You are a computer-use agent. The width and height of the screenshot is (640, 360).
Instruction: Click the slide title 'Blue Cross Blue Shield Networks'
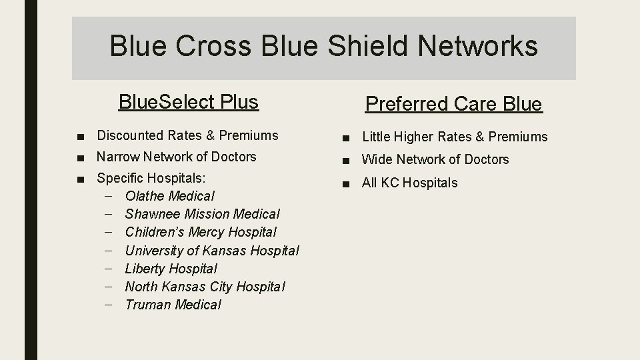323,46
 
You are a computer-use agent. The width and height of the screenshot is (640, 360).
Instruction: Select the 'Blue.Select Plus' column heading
188,102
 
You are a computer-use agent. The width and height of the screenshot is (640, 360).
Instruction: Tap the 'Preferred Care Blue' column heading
453,105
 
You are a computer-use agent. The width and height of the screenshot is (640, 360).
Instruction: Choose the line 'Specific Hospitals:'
151,179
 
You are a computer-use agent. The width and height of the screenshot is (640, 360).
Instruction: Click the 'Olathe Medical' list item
169,197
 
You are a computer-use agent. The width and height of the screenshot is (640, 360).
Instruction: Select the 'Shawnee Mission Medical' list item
202,215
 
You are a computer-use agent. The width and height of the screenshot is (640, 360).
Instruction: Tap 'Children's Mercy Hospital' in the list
200,233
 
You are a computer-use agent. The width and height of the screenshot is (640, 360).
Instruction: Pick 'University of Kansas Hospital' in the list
211,251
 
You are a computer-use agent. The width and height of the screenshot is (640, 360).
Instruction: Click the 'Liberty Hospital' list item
171,269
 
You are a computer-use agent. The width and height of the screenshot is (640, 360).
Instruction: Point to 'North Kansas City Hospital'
205,287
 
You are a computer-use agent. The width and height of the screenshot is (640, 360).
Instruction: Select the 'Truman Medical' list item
173,305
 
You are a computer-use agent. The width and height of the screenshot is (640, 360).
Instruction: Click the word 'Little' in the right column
377,137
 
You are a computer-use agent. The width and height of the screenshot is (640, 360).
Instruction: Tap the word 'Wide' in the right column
377,159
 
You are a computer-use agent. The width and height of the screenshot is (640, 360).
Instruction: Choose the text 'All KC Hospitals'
409,183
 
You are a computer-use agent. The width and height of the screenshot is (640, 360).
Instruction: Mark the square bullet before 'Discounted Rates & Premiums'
81,136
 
